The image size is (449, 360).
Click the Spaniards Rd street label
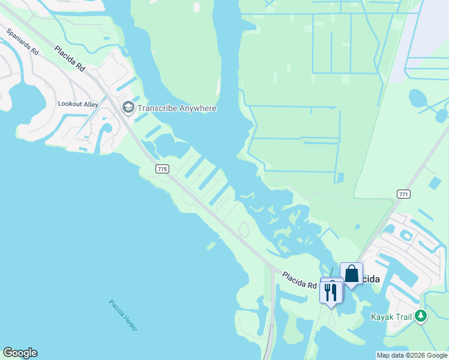[x=23, y=43]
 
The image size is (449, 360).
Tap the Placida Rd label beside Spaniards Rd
[x=69, y=58]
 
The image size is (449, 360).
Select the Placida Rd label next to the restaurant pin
[x=300, y=280]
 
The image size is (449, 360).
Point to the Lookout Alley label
[x=77, y=104]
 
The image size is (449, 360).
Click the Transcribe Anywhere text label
[x=176, y=109]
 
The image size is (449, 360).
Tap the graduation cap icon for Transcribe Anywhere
[x=128, y=108]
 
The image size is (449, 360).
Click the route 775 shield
[x=161, y=169]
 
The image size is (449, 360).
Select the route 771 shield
[x=403, y=193]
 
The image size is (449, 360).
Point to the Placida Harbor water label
[x=123, y=315]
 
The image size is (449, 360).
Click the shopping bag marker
[x=351, y=274]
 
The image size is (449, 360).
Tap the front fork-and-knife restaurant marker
[x=331, y=292]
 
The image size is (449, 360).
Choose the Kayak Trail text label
[x=393, y=316]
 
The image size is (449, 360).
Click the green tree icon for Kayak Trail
[x=421, y=316]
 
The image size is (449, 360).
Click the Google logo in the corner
[x=20, y=353]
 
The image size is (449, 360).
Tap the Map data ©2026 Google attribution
[x=412, y=355]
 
